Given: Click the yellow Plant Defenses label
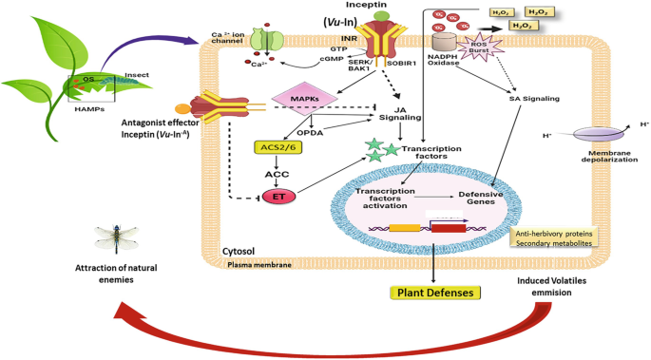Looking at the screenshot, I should point(432,293).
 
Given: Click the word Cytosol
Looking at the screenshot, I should point(239,252).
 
